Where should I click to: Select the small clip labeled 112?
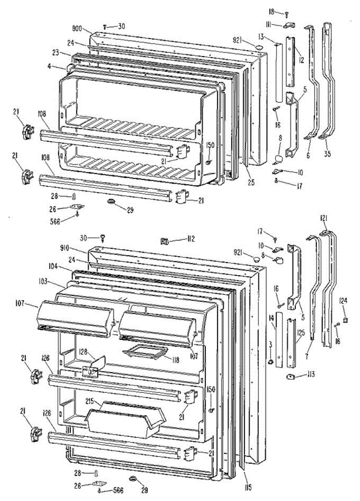click(164, 240)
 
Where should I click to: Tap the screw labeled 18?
click(287, 15)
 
